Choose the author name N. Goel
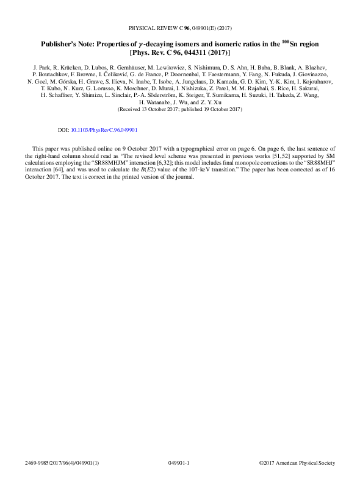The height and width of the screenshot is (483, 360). click(38, 80)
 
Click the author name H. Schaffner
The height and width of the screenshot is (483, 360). click(57, 95)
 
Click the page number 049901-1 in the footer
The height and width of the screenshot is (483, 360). click(179, 463)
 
